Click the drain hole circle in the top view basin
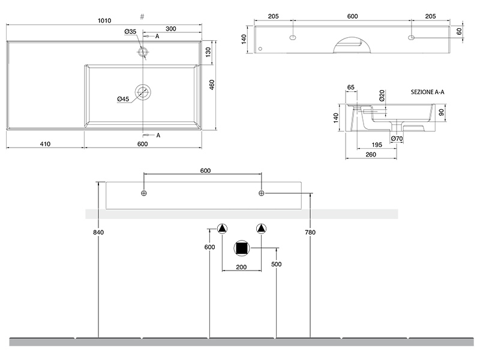(x=143, y=92)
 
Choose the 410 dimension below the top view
(x=44, y=143)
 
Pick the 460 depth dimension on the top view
(x=211, y=85)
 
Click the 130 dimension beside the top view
(x=208, y=52)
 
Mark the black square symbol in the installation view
(x=242, y=248)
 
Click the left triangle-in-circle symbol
(x=222, y=229)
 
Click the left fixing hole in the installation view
(x=143, y=193)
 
